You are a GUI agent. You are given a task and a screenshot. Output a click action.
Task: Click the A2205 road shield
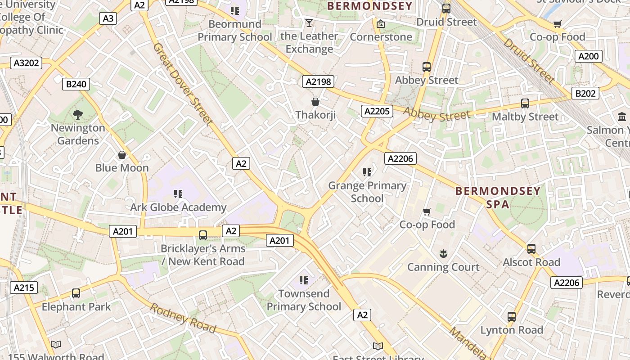tap(377, 111)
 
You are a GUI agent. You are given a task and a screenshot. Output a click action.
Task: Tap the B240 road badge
tap(76, 84)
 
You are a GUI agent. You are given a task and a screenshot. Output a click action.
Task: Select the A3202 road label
tap(27, 63)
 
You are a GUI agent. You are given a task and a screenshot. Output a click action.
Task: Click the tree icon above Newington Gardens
tap(78, 115)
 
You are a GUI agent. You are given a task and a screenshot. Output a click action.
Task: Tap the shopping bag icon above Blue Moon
tap(121, 155)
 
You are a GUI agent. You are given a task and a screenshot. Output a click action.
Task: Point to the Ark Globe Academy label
tap(178, 207)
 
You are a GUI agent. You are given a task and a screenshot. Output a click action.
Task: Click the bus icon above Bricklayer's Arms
tap(203, 235)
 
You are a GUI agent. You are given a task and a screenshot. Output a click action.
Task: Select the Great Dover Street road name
tap(182, 84)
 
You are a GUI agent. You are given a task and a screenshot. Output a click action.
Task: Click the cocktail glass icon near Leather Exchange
tap(309, 22)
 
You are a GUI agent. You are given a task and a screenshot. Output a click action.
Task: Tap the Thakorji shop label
tap(315, 115)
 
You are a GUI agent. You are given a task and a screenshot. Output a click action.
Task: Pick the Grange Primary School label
tap(367, 192)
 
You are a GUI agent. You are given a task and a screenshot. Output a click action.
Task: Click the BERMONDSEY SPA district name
tap(498, 198)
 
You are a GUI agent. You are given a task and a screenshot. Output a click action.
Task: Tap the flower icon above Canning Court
tap(443, 254)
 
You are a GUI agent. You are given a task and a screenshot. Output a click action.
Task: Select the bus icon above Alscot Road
tap(531, 249)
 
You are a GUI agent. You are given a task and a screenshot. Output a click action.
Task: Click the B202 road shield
tap(585, 94)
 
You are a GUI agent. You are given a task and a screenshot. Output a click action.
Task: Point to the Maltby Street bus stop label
tap(525, 117)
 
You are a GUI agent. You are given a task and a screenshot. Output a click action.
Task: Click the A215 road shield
tap(24, 288)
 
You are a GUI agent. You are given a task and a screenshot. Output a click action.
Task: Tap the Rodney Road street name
tap(182, 318)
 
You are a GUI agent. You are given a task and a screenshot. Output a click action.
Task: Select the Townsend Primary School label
tap(304, 300)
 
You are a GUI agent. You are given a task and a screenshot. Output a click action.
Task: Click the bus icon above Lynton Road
tap(512, 316)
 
